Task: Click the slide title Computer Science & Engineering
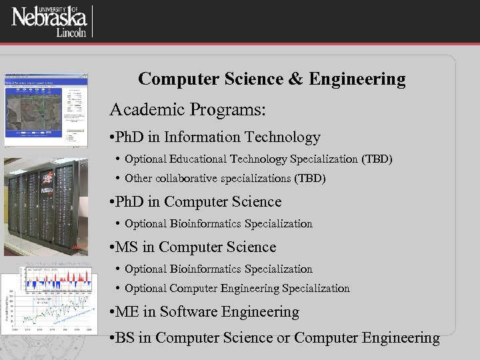coord(271,79)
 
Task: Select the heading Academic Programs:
coord(187,109)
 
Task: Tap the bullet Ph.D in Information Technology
coord(214,137)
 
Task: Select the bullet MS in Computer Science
coord(191,247)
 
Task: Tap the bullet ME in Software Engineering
coord(203,311)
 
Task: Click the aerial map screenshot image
coord(46,109)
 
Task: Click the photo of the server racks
coord(46,207)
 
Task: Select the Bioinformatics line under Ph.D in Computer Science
coord(218,223)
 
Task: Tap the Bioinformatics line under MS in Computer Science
coord(218,269)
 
